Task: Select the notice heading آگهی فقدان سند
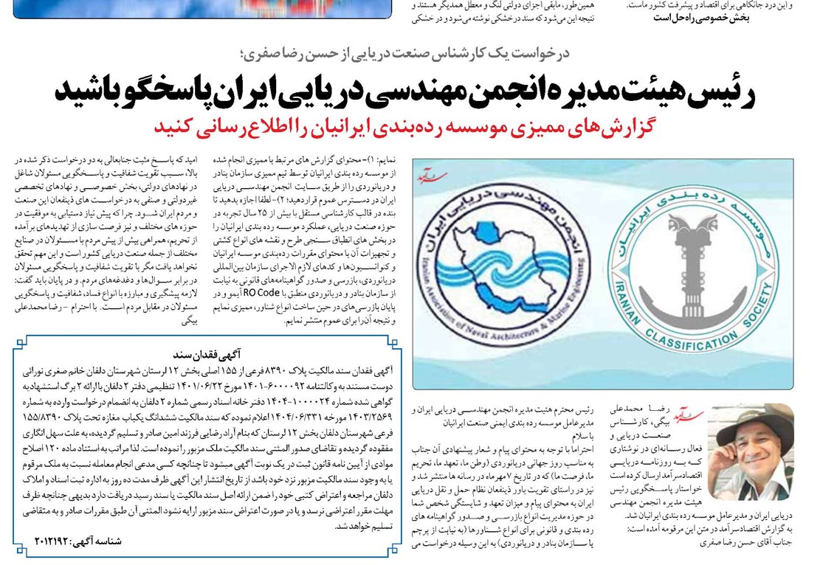point(201,353)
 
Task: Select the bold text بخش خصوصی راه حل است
point(701,18)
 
